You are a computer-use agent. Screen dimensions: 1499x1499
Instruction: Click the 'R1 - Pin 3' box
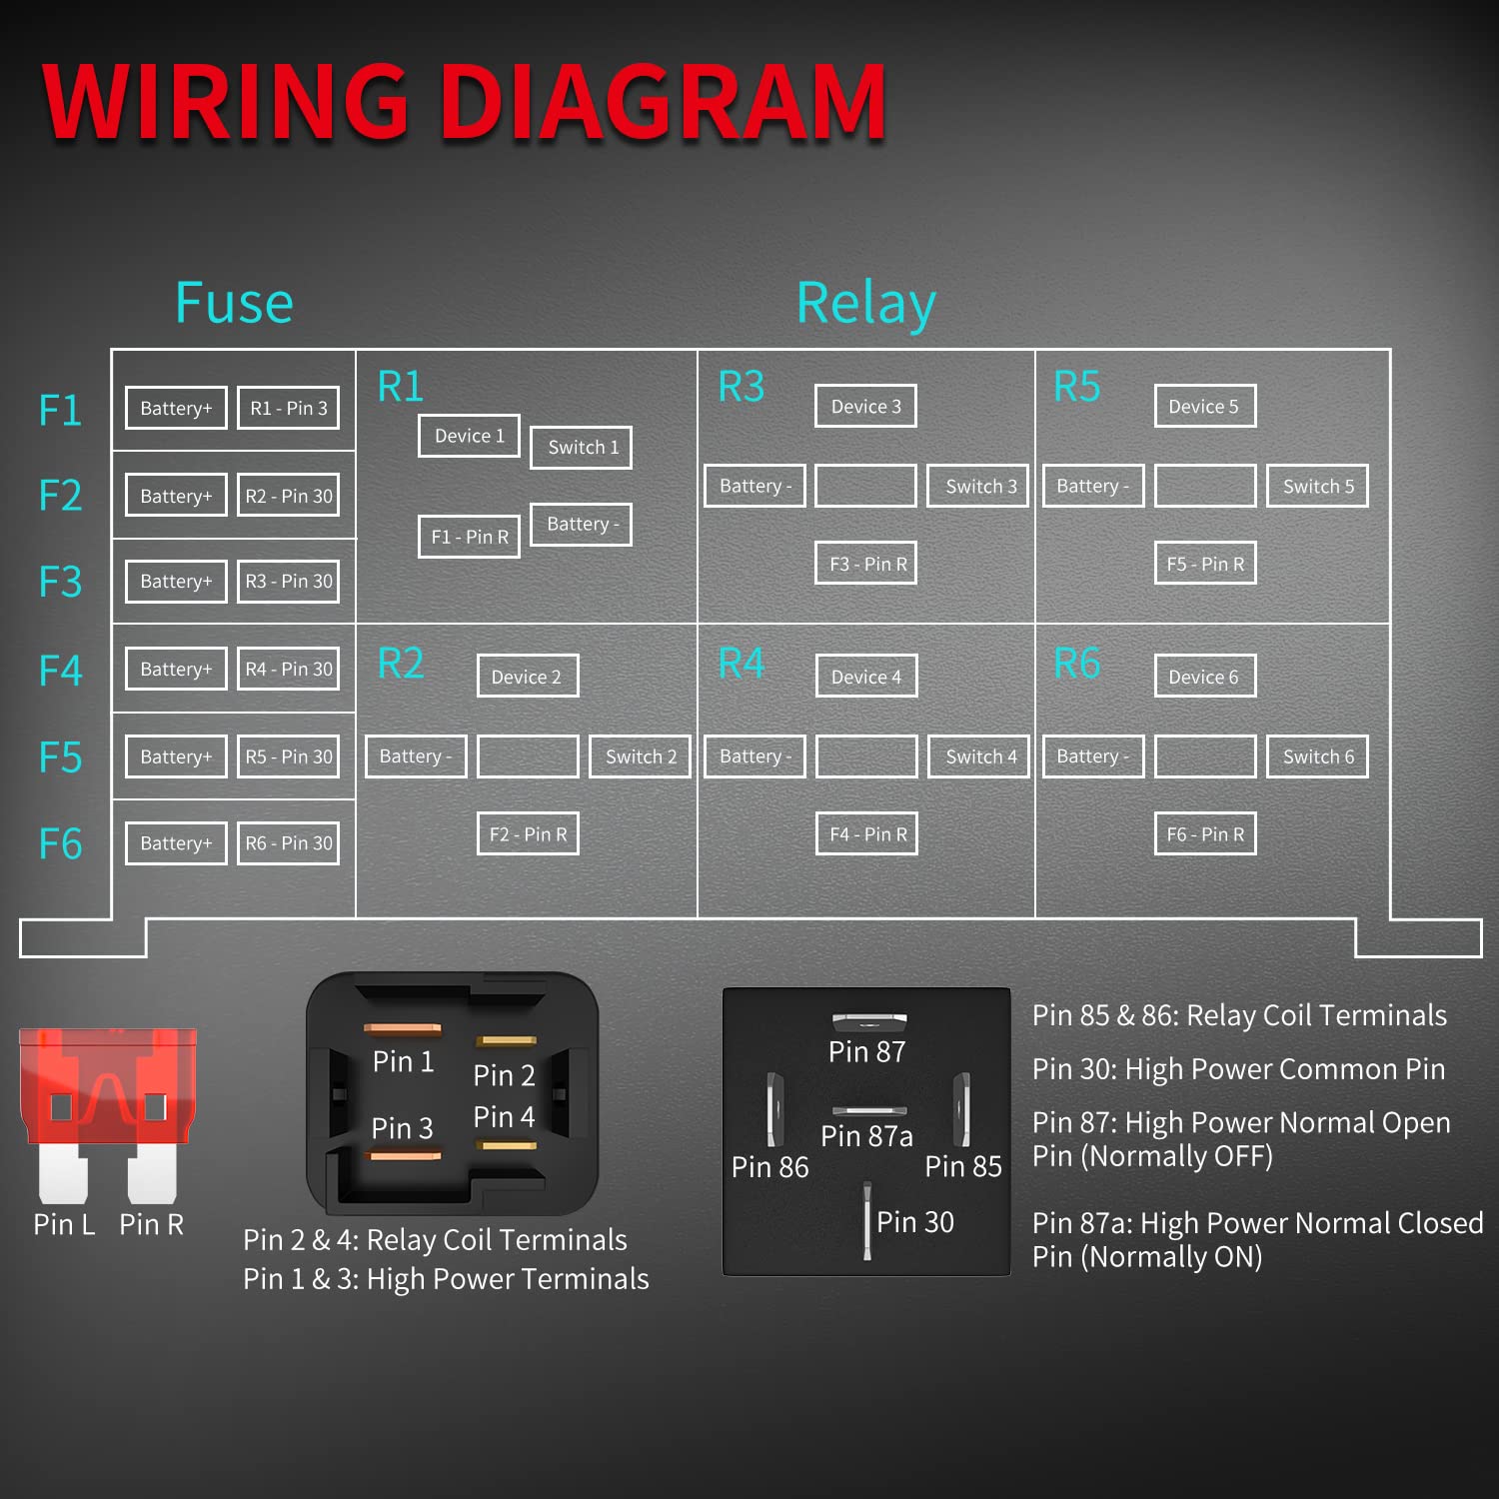coord(288,408)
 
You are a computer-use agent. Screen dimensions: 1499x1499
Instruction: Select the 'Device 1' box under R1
coord(469,436)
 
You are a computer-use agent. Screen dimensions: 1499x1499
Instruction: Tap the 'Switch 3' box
coord(977,486)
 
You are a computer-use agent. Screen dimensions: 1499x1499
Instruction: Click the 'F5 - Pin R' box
coord(1205,564)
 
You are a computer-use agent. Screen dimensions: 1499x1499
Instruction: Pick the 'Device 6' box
coord(1205,677)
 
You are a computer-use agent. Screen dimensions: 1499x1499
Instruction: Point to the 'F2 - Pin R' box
coord(528,834)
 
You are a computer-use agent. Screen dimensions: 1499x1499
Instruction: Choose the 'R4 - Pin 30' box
coord(288,669)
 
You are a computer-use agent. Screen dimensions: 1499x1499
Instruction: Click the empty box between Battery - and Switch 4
coord(866,756)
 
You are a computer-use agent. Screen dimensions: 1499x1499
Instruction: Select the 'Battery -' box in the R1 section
coord(581,524)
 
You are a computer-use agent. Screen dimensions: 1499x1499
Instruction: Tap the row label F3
coord(60,582)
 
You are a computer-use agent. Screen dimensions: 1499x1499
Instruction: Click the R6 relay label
coord(1077,664)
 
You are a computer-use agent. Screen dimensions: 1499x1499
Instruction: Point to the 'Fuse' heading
coord(234,303)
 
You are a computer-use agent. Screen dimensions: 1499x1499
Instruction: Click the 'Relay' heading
coord(866,304)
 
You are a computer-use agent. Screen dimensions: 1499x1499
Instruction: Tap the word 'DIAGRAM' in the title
coord(664,102)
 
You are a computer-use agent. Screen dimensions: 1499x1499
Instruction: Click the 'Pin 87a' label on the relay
coord(866,1136)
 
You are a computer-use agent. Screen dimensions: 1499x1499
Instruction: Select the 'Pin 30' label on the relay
coord(915,1222)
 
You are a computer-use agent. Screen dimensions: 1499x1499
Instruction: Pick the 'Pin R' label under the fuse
coord(152,1224)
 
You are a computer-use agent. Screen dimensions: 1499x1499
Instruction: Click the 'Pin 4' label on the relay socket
coord(504,1117)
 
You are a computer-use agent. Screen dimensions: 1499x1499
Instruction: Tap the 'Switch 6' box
coord(1318,756)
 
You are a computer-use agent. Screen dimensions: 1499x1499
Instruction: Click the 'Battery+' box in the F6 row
coord(176,842)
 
